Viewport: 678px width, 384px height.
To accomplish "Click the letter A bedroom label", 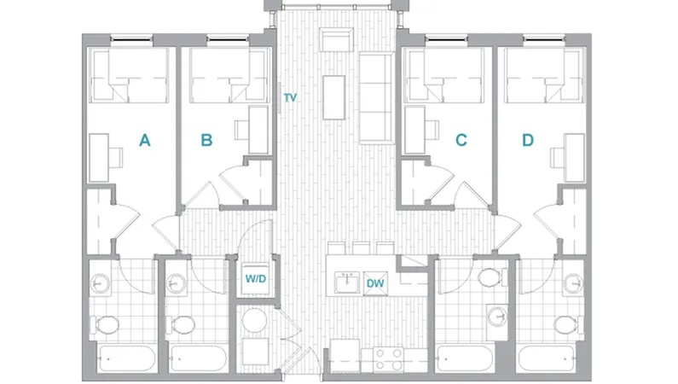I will click(x=145, y=141).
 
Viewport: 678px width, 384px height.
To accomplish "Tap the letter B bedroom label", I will click(x=206, y=141).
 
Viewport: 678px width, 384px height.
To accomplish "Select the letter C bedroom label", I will click(x=461, y=141).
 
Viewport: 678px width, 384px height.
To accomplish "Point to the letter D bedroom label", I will click(x=527, y=141).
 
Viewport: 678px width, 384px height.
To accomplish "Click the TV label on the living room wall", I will click(x=290, y=98).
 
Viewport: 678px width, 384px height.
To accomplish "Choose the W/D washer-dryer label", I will click(x=255, y=278).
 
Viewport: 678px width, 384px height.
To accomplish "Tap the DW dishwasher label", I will click(x=374, y=283).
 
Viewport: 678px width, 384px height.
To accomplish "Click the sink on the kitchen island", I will click(x=347, y=282).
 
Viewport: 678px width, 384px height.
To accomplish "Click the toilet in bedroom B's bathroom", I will click(x=183, y=325).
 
